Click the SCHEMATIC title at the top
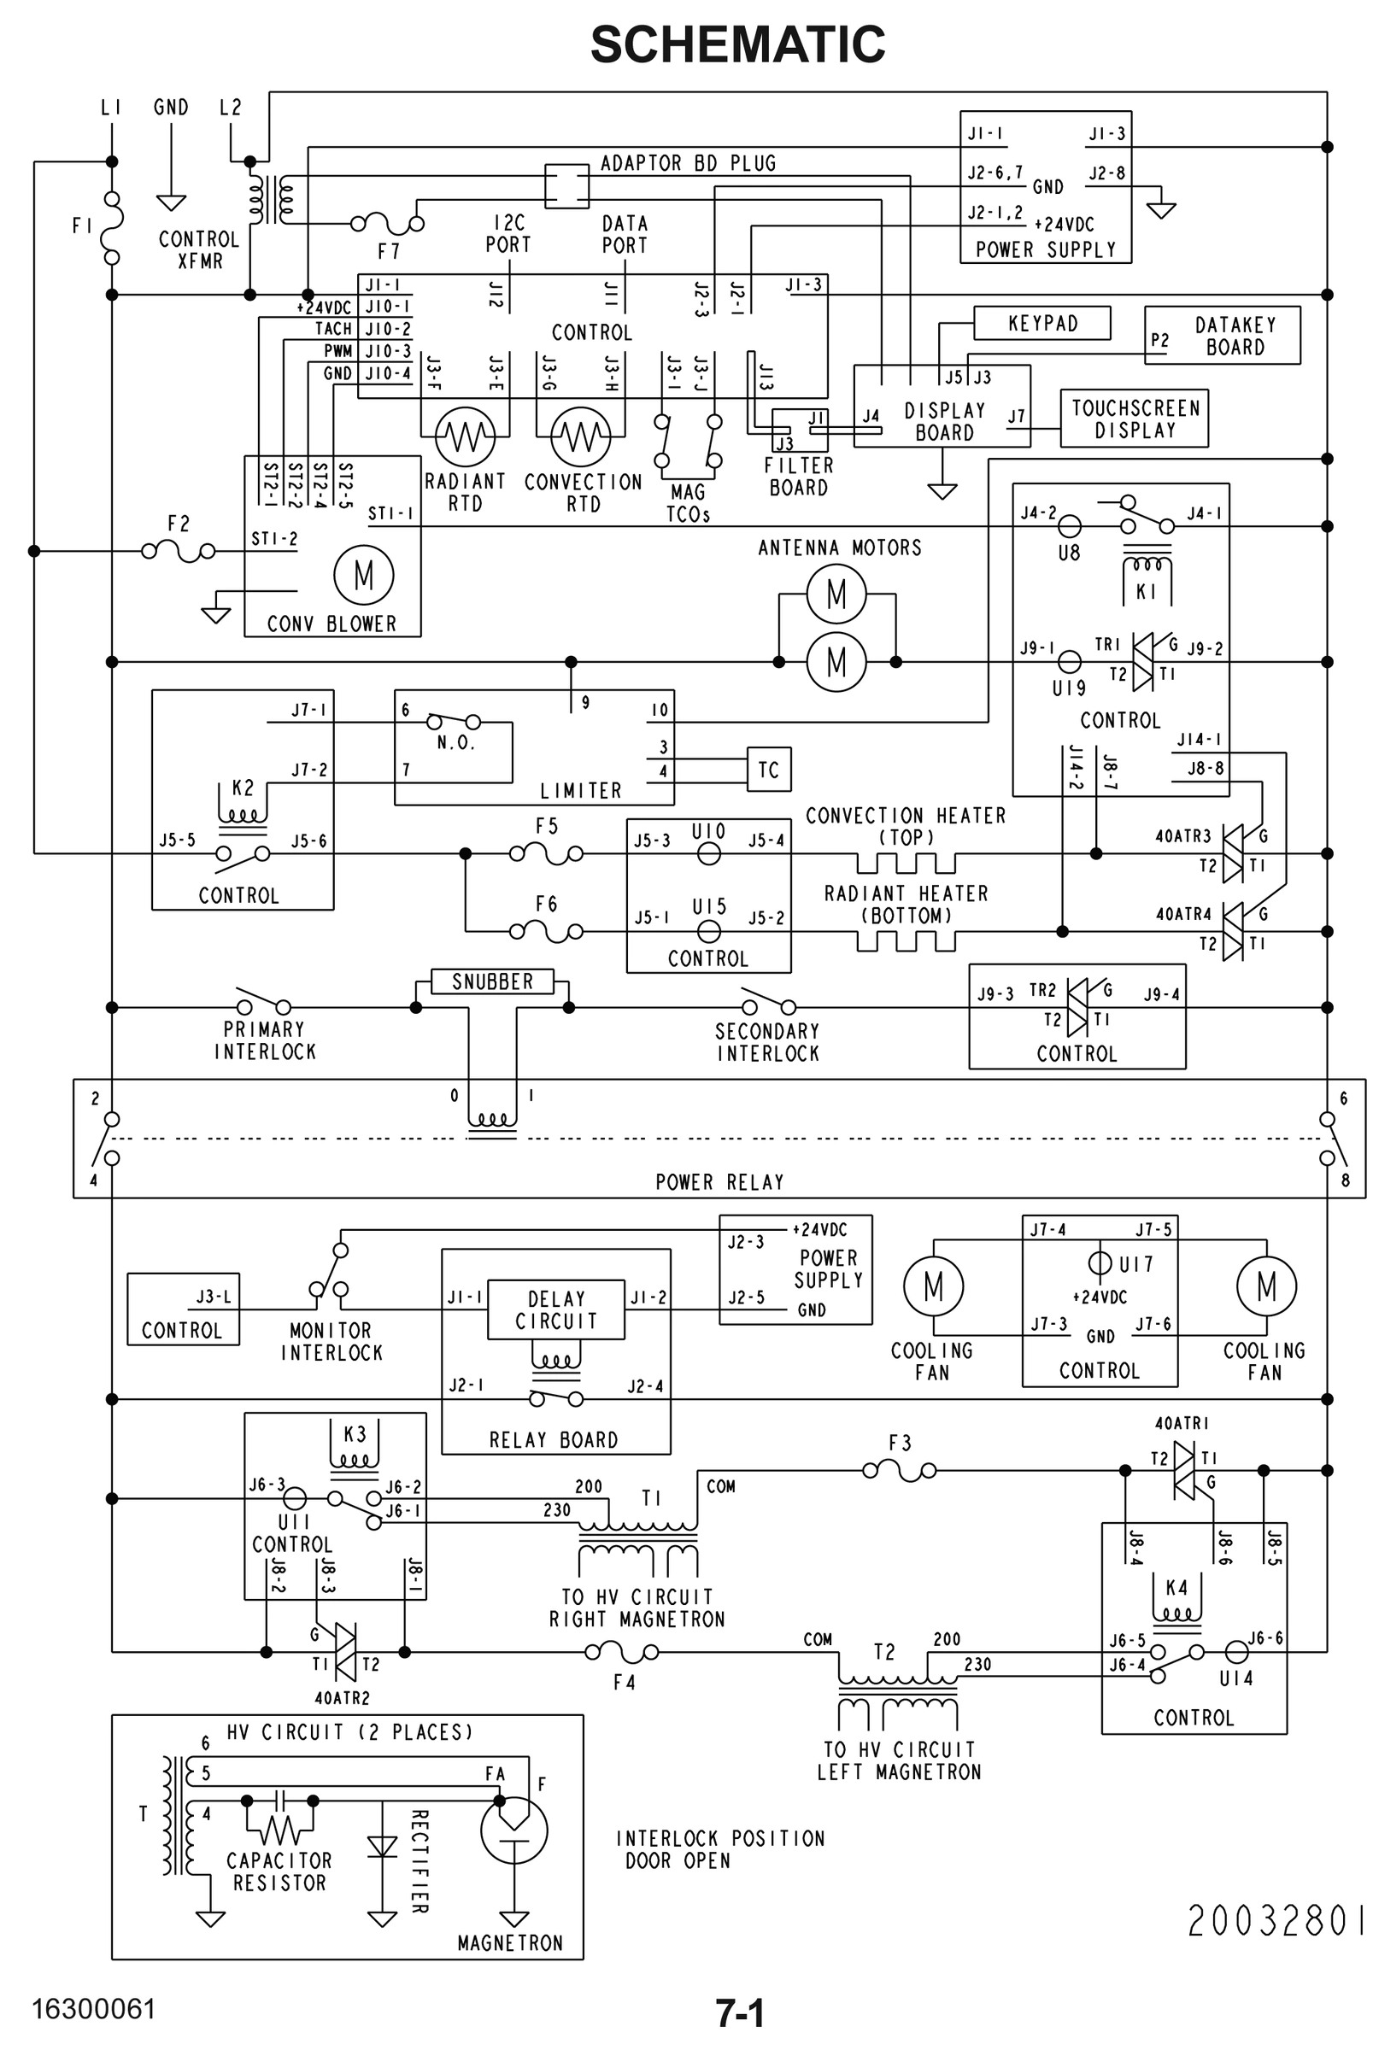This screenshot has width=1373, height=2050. click(737, 44)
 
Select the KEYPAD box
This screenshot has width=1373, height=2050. click(1042, 323)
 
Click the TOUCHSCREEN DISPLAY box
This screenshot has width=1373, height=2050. click(1134, 419)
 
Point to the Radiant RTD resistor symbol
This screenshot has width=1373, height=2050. click(465, 436)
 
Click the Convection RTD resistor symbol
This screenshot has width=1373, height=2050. click(580, 436)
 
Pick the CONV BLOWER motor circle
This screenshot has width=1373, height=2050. click(363, 575)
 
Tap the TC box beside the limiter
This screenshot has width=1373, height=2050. click(769, 770)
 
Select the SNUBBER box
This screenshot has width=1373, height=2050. click(492, 981)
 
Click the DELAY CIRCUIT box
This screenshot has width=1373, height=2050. click(556, 1310)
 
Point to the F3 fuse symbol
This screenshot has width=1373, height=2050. click(900, 1472)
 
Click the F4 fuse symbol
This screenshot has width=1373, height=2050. click(622, 1653)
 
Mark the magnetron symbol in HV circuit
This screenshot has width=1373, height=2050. click(514, 1831)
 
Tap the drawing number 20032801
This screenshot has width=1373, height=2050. click(1276, 1921)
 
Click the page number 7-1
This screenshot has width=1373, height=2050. click(740, 2013)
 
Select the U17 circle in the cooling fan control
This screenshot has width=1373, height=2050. click(1100, 1263)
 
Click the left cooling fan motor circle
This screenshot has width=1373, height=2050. click(934, 1286)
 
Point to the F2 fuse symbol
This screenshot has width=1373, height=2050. click(179, 552)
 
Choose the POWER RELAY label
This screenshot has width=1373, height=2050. click(719, 1181)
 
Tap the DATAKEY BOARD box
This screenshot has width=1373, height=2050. click(1223, 335)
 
